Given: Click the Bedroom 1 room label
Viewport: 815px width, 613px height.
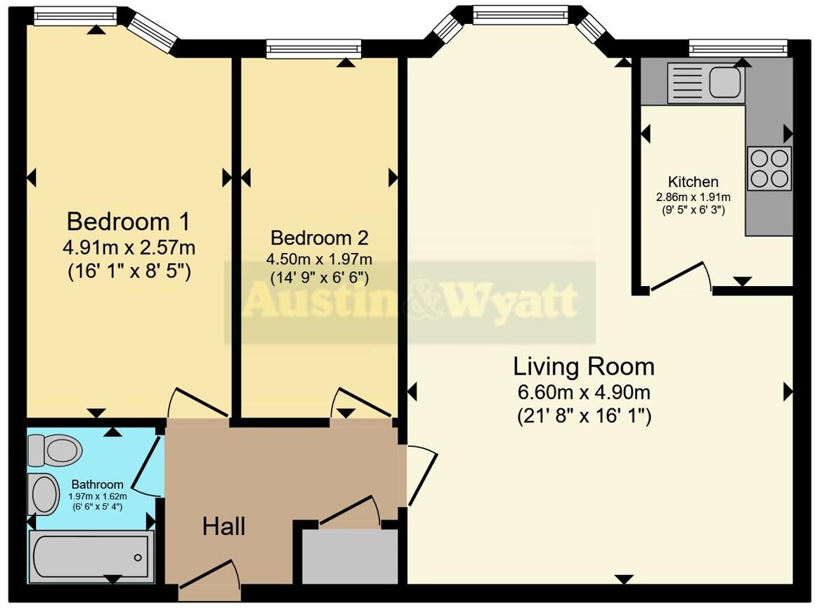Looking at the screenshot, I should tap(128, 222).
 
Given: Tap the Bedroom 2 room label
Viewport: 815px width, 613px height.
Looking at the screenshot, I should tap(319, 238).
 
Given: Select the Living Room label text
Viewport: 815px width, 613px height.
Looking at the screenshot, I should tap(583, 366).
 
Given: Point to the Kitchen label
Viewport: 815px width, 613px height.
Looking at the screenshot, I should tap(693, 181).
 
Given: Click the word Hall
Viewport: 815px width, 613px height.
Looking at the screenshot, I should tap(223, 526).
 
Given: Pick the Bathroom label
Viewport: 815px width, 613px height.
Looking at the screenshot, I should tap(98, 484).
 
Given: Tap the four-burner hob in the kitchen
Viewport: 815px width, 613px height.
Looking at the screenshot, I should tap(769, 168).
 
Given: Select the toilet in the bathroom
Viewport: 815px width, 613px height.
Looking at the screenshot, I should tap(53, 449).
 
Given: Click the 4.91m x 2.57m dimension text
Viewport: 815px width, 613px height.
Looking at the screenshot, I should tap(128, 247).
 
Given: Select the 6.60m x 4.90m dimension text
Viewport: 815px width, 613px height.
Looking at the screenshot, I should tap(583, 392).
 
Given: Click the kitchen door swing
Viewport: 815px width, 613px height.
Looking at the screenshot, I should tap(680, 278).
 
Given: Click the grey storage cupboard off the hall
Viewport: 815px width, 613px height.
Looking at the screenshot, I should tap(350, 555).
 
